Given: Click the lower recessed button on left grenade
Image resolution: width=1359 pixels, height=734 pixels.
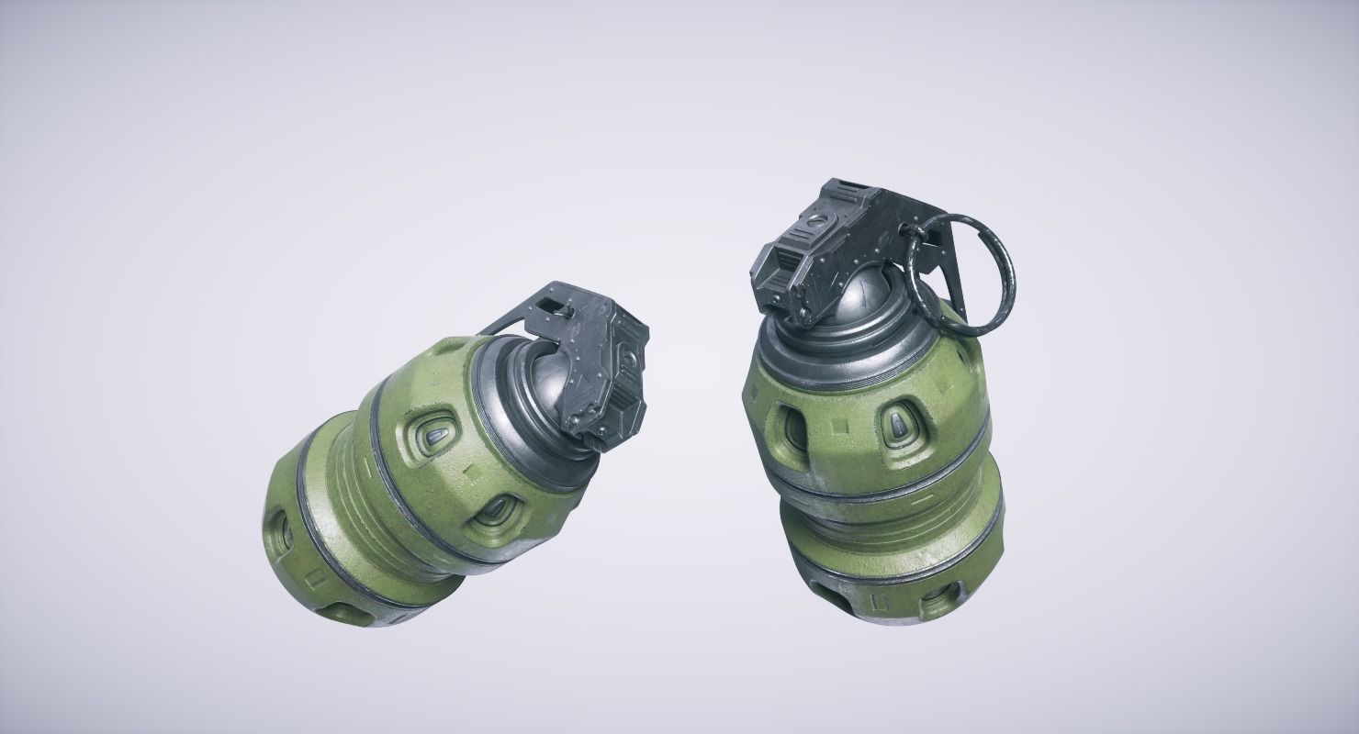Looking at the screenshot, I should click(x=496, y=516).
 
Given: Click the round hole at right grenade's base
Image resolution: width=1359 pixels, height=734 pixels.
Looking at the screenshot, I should click(x=938, y=602).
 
